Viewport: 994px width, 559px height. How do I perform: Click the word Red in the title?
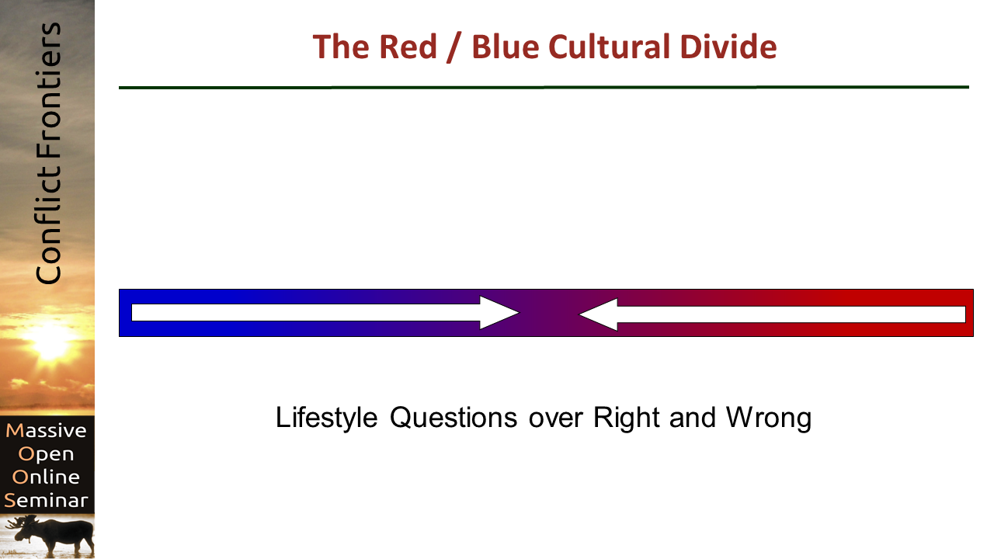pyautogui.click(x=408, y=47)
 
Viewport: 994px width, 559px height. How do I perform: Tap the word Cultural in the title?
pyautogui.click(x=609, y=47)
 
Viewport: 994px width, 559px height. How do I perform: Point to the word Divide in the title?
pyautogui.click(x=728, y=47)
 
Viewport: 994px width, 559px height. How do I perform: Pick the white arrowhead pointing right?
pyautogui.click(x=499, y=313)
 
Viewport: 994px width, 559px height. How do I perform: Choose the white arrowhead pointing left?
pyautogui.click(x=598, y=314)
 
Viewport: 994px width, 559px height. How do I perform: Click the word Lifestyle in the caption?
pyautogui.click(x=327, y=418)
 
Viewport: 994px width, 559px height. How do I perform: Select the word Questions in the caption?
pyautogui.click(x=454, y=418)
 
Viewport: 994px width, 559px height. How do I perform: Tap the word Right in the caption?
pyautogui.click(x=627, y=418)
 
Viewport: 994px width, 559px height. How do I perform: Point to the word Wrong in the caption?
pyautogui.click(x=769, y=418)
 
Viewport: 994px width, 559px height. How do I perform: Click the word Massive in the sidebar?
pyautogui.click(x=46, y=430)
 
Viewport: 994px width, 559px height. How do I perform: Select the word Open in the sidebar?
pyautogui.click(x=46, y=455)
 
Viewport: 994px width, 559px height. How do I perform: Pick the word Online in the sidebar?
pyautogui.click(x=46, y=477)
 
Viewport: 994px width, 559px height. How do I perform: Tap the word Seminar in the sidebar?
pyautogui.click(x=46, y=500)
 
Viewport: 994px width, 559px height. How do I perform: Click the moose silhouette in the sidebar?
pyautogui.click(x=54, y=536)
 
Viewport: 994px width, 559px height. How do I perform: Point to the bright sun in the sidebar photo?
pyautogui.click(x=50, y=342)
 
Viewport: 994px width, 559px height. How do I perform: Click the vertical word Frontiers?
pyautogui.click(x=48, y=91)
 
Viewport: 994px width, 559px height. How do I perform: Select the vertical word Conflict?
pyautogui.click(x=48, y=225)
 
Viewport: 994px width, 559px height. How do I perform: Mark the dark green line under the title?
pyautogui.click(x=544, y=88)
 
